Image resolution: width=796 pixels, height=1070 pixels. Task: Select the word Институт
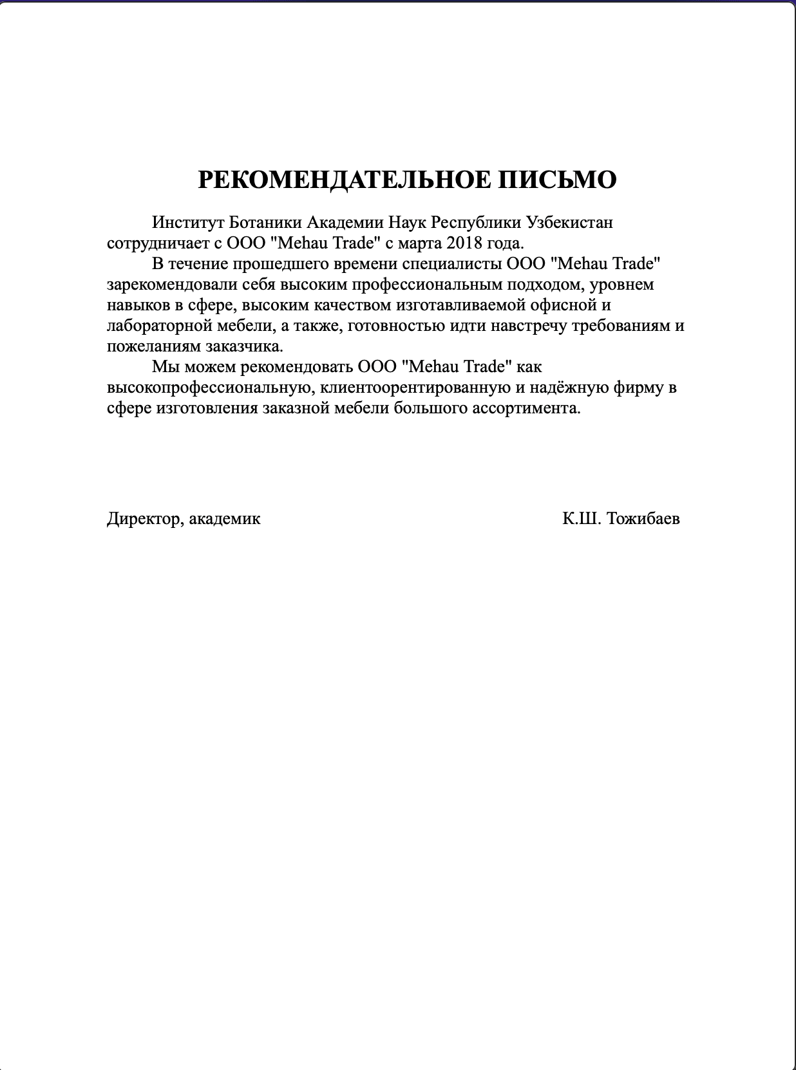click(x=188, y=223)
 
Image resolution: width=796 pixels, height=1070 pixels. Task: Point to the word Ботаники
click(x=265, y=223)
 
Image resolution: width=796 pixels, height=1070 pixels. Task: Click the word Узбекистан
click(x=570, y=223)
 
